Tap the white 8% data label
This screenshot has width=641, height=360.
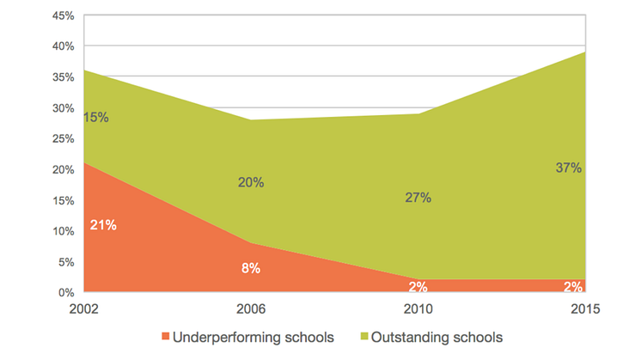[x=251, y=268]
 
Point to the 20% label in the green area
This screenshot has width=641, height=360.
[x=251, y=182]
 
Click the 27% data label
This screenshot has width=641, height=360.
[x=418, y=198]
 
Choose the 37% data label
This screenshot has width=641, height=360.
[x=569, y=168]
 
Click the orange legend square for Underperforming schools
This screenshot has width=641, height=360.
[x=165, y=338]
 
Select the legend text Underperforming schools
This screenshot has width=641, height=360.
[x=253, y=338]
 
